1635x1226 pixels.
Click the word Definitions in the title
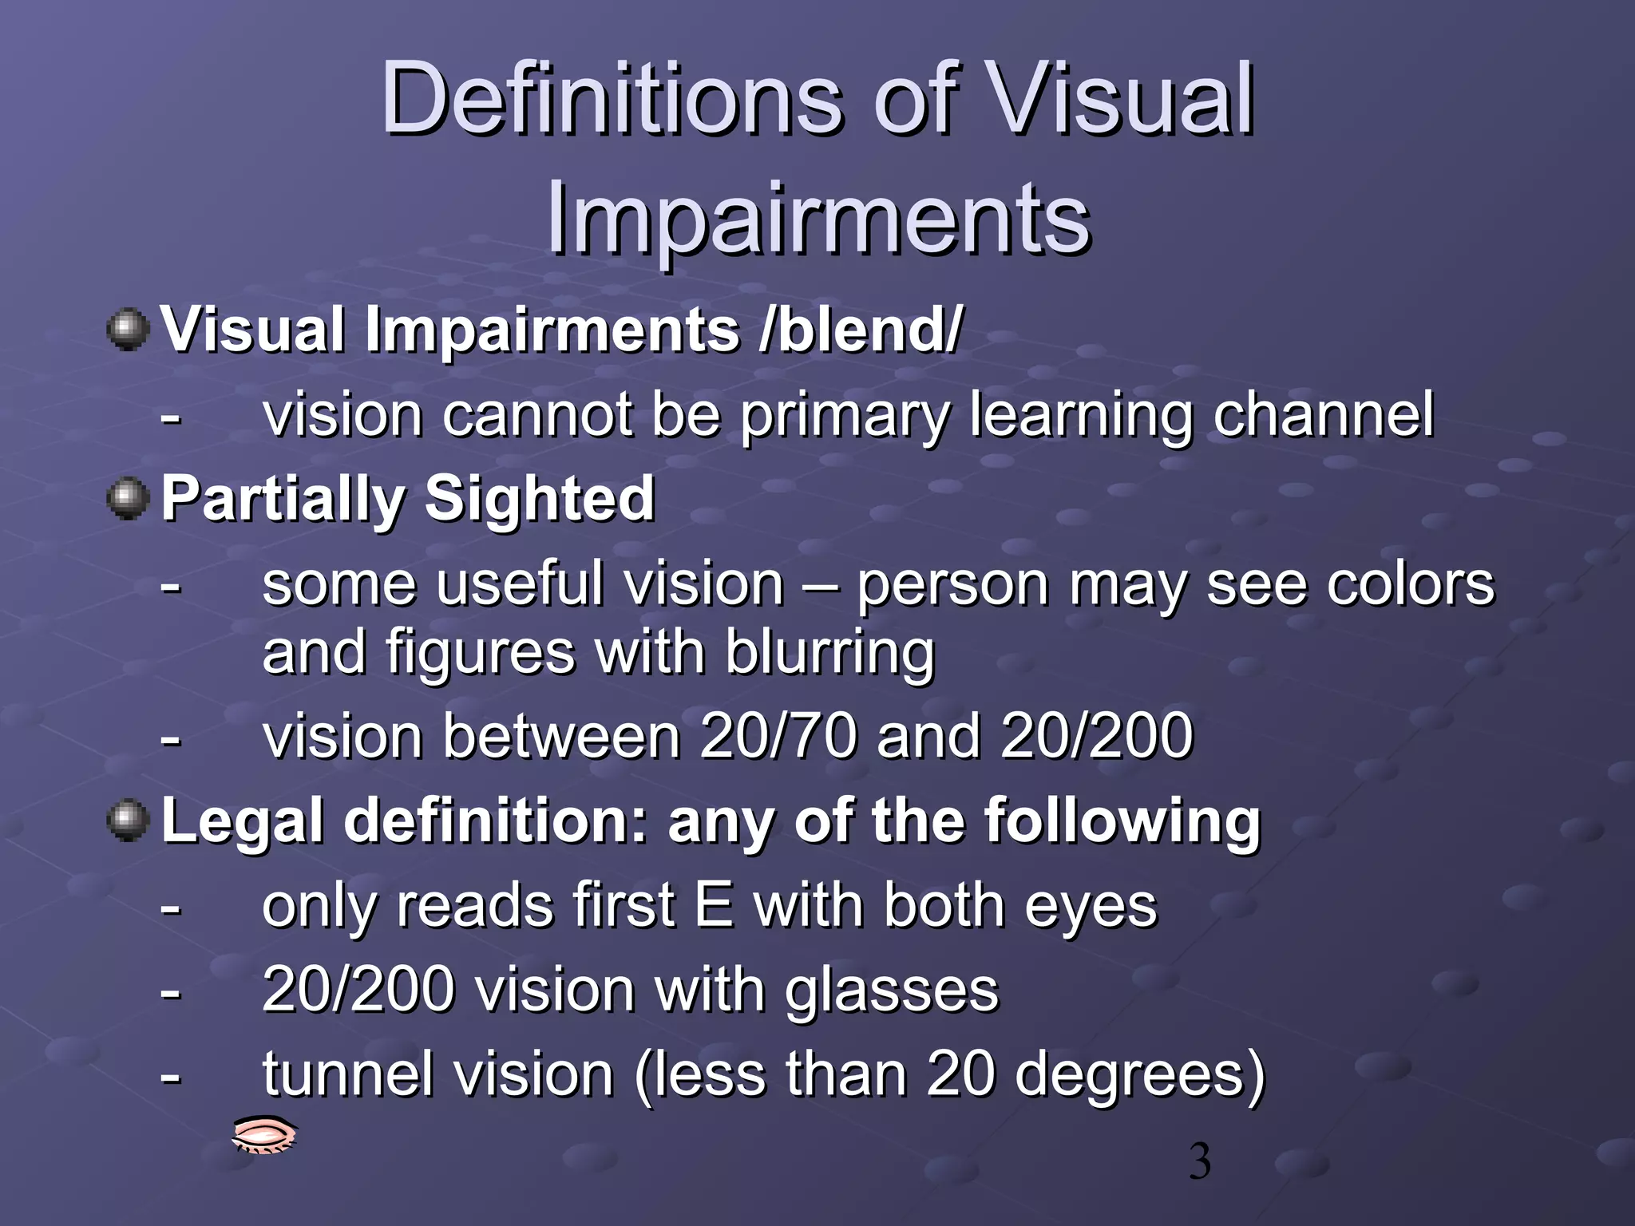pyautogui.click(x=611, y=100)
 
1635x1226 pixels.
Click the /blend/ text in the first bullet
pyautogui.click(x=862, y=330)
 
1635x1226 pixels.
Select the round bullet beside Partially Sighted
pyautogui.click(x=128, y=499)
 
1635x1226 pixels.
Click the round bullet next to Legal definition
pyautogui.click(x=128, y=821)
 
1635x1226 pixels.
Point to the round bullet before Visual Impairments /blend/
pyautogui.click(x=128, y=330)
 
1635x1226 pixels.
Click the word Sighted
pyautogui.click(x=540, y=499)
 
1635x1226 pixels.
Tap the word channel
pyautogui.click(x=1323, y=415)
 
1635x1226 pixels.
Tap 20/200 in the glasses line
pyautogui.click(x=358, y=990)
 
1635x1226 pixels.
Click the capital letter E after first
pyautogui.click(x=714, y=906)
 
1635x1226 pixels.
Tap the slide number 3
pyautogui.click(x=1199, y=1162)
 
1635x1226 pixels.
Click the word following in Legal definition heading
pyautogui.click(x=1122, y=821)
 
